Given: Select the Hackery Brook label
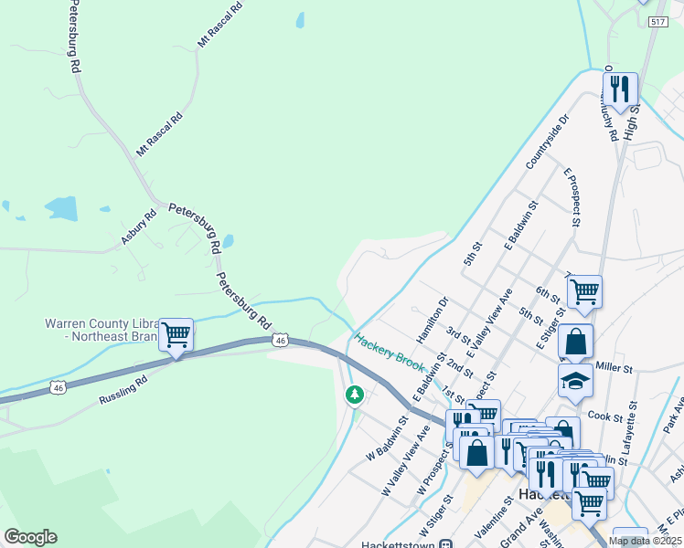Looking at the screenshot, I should pyautogui.click(x=390, y=355).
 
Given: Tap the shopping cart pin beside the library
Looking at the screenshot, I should pyautogui.click(x=176, y=334).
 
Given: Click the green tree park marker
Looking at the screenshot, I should pyautogui.click(x=355, y=395).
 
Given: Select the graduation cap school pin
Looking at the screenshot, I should pyautogui.click(x=575, y=379).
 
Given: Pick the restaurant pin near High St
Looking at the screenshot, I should pyautogui.click(x=622, y=90).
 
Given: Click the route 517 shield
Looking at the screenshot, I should pyautogui.click(x=657, y=22).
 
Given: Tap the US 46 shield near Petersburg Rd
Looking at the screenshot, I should pyautogui.click(x=281, y=340).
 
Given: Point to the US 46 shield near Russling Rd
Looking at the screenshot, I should pyautogui.click(x=59, y=387).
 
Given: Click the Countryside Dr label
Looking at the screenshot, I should pyautogui.click(x=547, y=142).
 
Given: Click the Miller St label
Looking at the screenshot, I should pyautogui.click(x=614, y=368).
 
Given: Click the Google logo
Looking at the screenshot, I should pyautogui.click(x=30, y=537).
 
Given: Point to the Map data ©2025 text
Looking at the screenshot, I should pyautogui.click(x=645, y=541).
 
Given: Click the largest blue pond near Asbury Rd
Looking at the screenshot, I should pyautogui.click(x=62, y=209).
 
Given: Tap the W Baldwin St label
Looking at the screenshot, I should pyautogui.click(x=388, y=438).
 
